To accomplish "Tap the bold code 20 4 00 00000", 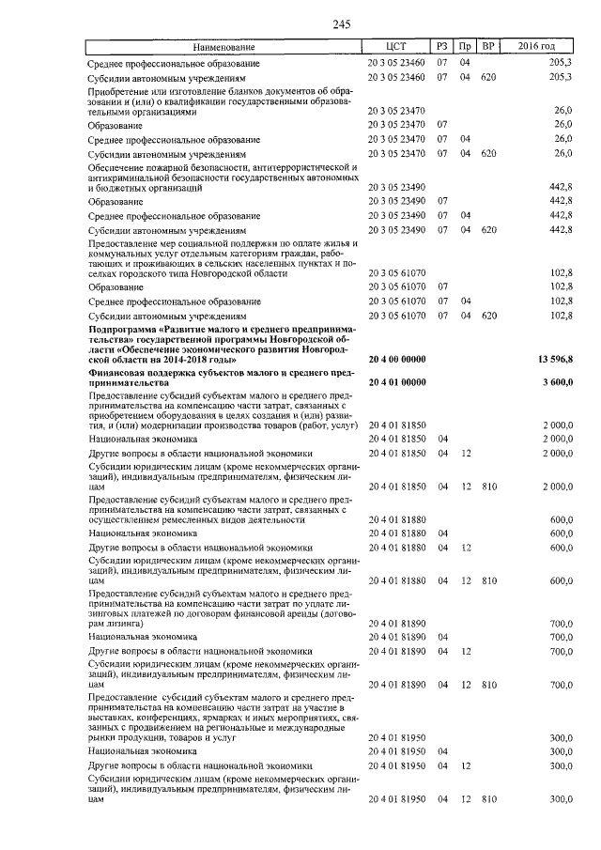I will coord(397,360).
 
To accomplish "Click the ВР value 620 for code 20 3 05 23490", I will coord(488,229).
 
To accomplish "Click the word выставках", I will coord(115,719).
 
